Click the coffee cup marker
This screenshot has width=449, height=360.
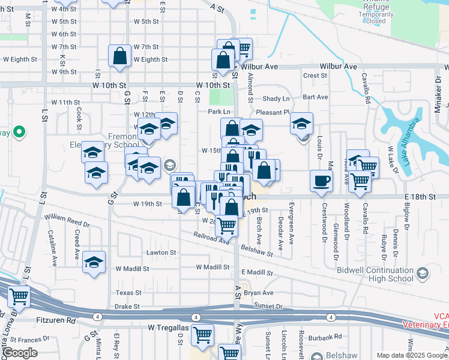(x=321, y=181)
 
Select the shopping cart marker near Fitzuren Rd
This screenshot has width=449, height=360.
(x=19, y=296)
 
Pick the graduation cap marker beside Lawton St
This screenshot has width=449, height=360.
(x=93, y=263)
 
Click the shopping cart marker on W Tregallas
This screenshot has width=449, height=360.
(x=203, y=334)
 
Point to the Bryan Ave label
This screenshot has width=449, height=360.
(x=259, y=293)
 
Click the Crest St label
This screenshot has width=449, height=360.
(x=315, y=76)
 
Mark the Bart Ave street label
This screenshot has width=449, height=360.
(x=315, y=97)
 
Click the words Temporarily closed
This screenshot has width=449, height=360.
(x=375, y=17)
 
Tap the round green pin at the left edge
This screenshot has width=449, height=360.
(x=19, y=131)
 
